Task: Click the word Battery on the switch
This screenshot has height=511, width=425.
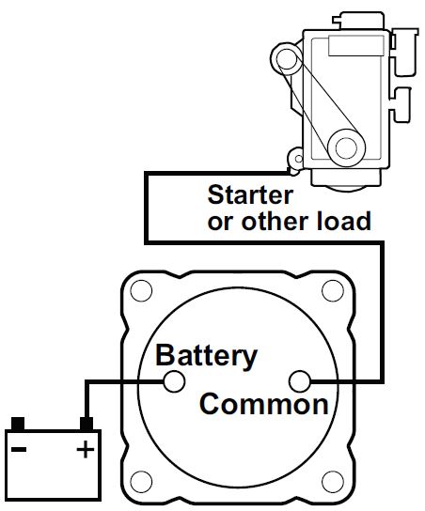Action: click(x=205, y=356)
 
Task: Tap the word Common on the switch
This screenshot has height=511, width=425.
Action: click(x=264, y=405)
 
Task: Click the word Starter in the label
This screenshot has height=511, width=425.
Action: click(x=250, y=195)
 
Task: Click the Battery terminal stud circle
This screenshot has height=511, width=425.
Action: click(x=173, y=381)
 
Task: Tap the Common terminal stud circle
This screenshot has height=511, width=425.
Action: click(x=300, y=381)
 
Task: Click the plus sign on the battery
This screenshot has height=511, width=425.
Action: click(x=85, y=449)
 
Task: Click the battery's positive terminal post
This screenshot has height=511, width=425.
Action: click(x=86, y=424)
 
